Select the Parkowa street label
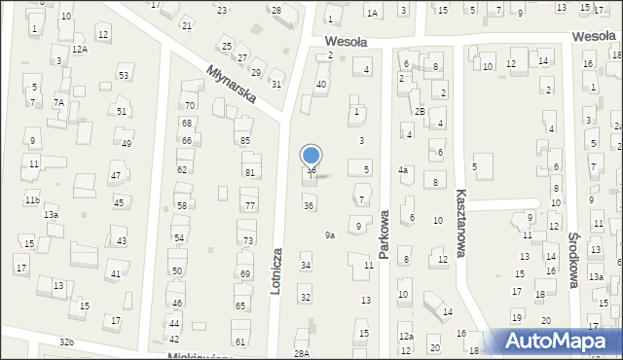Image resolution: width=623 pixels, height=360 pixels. click(x=385, y=234)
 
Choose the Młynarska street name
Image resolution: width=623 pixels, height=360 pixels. click(x=230, y=84)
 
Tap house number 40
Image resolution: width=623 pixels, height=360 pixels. click(x=320, y=85)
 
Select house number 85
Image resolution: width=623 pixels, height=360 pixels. click(x=245, y=140)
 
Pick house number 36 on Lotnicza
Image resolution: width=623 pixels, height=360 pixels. click(x=309, y=205)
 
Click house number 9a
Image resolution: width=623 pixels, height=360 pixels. click(x=330, y=234)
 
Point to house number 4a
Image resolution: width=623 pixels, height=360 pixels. click(x=402, y=170)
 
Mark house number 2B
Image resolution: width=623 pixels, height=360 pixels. click(x=420, y=111)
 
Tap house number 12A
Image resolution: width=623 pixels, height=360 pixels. click(x=79, y=49)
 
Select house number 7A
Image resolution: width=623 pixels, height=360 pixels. click(x=58, y=103)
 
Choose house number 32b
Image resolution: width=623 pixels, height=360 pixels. click(x=66, y=342)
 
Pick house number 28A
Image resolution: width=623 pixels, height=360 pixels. click(x=302, y=353)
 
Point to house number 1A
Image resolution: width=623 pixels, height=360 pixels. click(x=372, y=13)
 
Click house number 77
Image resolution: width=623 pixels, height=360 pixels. click(x=250, y=205)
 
